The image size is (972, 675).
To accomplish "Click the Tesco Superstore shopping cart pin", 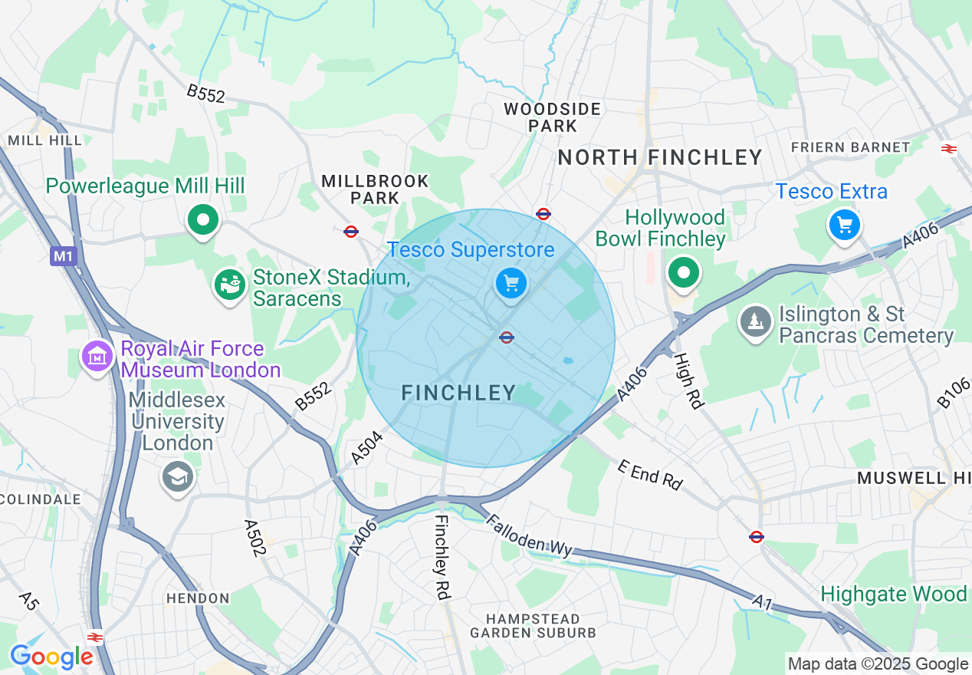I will (x=511, y=285).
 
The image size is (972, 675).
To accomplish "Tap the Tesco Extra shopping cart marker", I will (x=844, y=225).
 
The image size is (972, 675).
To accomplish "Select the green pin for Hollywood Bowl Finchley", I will (x=683, y=272).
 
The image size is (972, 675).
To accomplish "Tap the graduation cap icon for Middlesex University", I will (x=178, y=477).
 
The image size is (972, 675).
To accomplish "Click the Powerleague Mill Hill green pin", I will (x=203, y=221).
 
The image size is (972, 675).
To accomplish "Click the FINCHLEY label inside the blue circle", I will (x=459, y=393).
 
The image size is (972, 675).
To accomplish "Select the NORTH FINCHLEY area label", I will (x=660, y=158).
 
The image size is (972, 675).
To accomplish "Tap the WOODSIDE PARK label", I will (x=552, y=117).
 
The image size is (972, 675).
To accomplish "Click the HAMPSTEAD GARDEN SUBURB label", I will (x=533, y=626).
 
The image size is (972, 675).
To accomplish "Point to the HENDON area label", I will (x=198, y=598).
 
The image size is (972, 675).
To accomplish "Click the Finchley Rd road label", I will (x=442, y=556).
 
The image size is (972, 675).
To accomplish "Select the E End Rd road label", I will (x=649, y=476).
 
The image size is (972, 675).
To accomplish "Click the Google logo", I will (x=51, y=657).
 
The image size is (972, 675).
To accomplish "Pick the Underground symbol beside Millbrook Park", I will (x=351, y=231).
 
